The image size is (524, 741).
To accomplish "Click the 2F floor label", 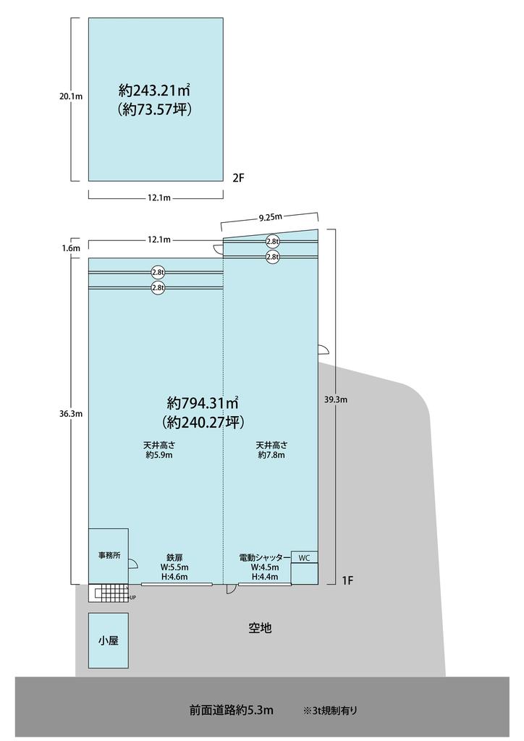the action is click(x=238, y=178).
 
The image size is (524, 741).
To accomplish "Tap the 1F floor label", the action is click(x=347, y=581).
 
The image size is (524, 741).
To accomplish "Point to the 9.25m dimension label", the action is click(x=270, y=217).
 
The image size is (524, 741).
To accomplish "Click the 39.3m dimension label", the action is click(x=336, y=399).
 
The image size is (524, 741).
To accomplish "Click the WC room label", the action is click(x=304, y=558).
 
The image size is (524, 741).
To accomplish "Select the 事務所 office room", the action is click(x=109, y=556).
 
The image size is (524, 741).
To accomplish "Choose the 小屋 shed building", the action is click(x=109, y=641).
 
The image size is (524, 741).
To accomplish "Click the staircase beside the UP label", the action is click(x=109, y=593).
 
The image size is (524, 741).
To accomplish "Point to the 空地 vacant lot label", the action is click(x=261, y=628).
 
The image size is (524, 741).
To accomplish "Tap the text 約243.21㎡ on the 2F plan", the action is click(x=154, y=89).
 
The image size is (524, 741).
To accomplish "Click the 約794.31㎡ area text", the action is click(x=202, y=403).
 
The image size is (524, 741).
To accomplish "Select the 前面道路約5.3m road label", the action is click(x=231, y=710).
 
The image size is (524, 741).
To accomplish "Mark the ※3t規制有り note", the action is click(x=330, y=711).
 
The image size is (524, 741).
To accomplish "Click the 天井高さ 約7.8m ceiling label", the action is click(x=271, y=450).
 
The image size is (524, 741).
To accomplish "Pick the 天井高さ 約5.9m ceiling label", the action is click(x=159, y=450).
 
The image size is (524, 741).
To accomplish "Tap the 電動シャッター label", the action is click(x=265, y=558).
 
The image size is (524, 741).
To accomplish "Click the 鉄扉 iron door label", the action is click(x=174, y=558).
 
